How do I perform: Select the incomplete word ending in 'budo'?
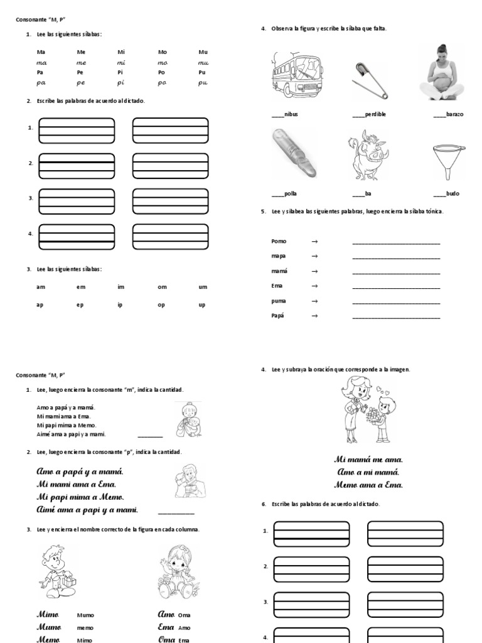click(447, 194)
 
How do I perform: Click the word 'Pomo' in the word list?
click(279, 241)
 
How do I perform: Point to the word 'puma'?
click(279, 301)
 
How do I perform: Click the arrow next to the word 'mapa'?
click(314, 256)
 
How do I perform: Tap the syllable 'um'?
click(203, 287)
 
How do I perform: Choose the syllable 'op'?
click(163, 305)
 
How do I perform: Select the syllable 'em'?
click(81, 287)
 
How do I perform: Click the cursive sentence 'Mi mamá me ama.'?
click(368, 460)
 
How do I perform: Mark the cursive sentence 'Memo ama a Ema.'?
click(368, 484)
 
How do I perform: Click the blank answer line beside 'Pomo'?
click(396, 242)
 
